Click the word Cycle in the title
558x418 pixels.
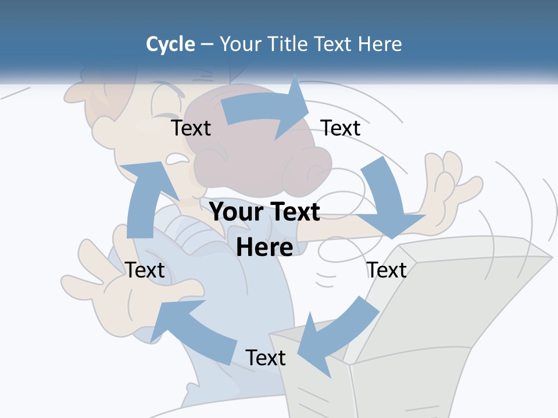click(170, 44)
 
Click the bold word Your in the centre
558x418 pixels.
click(233, 212)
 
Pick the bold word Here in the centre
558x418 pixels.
click(264, 247)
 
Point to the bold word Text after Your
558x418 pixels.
click(294, 212)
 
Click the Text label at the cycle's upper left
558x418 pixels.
click(191, 128)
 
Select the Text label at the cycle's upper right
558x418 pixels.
click(341, 128)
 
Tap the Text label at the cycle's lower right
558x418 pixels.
click(387, 270)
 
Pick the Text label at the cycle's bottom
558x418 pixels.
click(266, 358)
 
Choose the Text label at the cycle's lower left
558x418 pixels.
click(145, 270)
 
